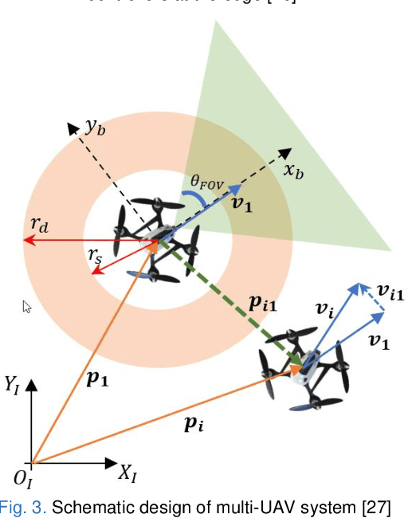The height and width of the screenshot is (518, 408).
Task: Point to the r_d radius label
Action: [40, 225]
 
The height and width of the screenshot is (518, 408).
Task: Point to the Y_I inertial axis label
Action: [12, 388]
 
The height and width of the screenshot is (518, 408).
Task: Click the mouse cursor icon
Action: [26, 306]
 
